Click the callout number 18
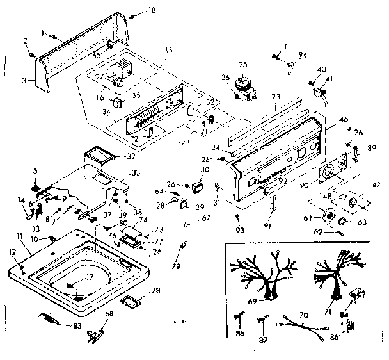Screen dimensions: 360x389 click(x=152, y=11)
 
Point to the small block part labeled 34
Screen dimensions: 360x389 click(x=117, y=102)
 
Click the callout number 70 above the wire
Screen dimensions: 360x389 click(x=304, y=316)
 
